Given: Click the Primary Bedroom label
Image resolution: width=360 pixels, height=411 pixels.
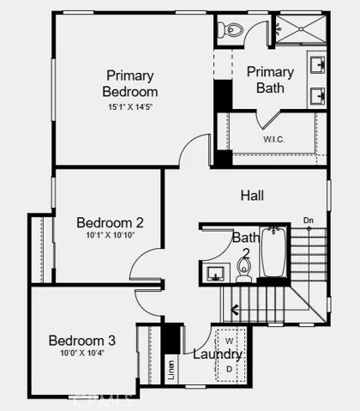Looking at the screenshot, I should [x=130, y=82].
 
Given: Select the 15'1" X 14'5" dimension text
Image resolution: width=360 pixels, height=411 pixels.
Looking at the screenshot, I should [x=131, y=107].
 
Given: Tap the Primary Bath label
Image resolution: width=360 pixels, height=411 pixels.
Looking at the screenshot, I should [x=270, y=80].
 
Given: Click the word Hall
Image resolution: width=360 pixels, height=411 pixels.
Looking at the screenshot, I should [x=251, y=196].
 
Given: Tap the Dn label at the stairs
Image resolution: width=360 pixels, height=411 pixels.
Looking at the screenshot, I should [x=309, y=221].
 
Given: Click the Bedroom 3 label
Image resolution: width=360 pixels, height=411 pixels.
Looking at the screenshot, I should [x=81, y=340].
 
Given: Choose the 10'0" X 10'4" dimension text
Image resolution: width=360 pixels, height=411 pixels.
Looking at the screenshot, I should [x=81, y=354].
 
